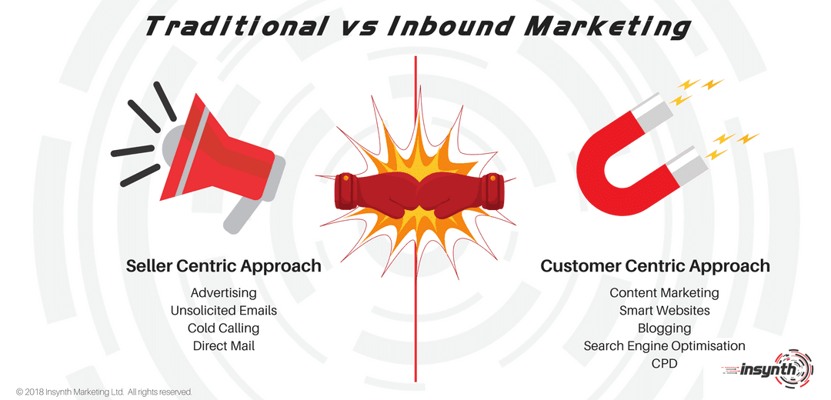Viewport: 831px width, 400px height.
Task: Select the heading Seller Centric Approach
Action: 223,266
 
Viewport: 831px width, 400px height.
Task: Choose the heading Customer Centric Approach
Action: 655,266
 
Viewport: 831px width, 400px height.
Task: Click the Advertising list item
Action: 223,293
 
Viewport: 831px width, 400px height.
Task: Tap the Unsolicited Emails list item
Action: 223,311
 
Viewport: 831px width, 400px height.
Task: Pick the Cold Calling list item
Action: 223,328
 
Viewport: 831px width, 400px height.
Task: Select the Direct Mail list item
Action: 223,346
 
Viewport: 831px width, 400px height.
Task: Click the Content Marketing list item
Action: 664,293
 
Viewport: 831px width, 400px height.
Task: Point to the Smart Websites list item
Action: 664,311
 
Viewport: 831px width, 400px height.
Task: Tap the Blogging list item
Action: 664,328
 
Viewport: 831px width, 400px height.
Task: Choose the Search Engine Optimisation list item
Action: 664,346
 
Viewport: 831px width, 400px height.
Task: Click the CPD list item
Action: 664,363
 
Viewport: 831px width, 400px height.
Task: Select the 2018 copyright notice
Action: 104,392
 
